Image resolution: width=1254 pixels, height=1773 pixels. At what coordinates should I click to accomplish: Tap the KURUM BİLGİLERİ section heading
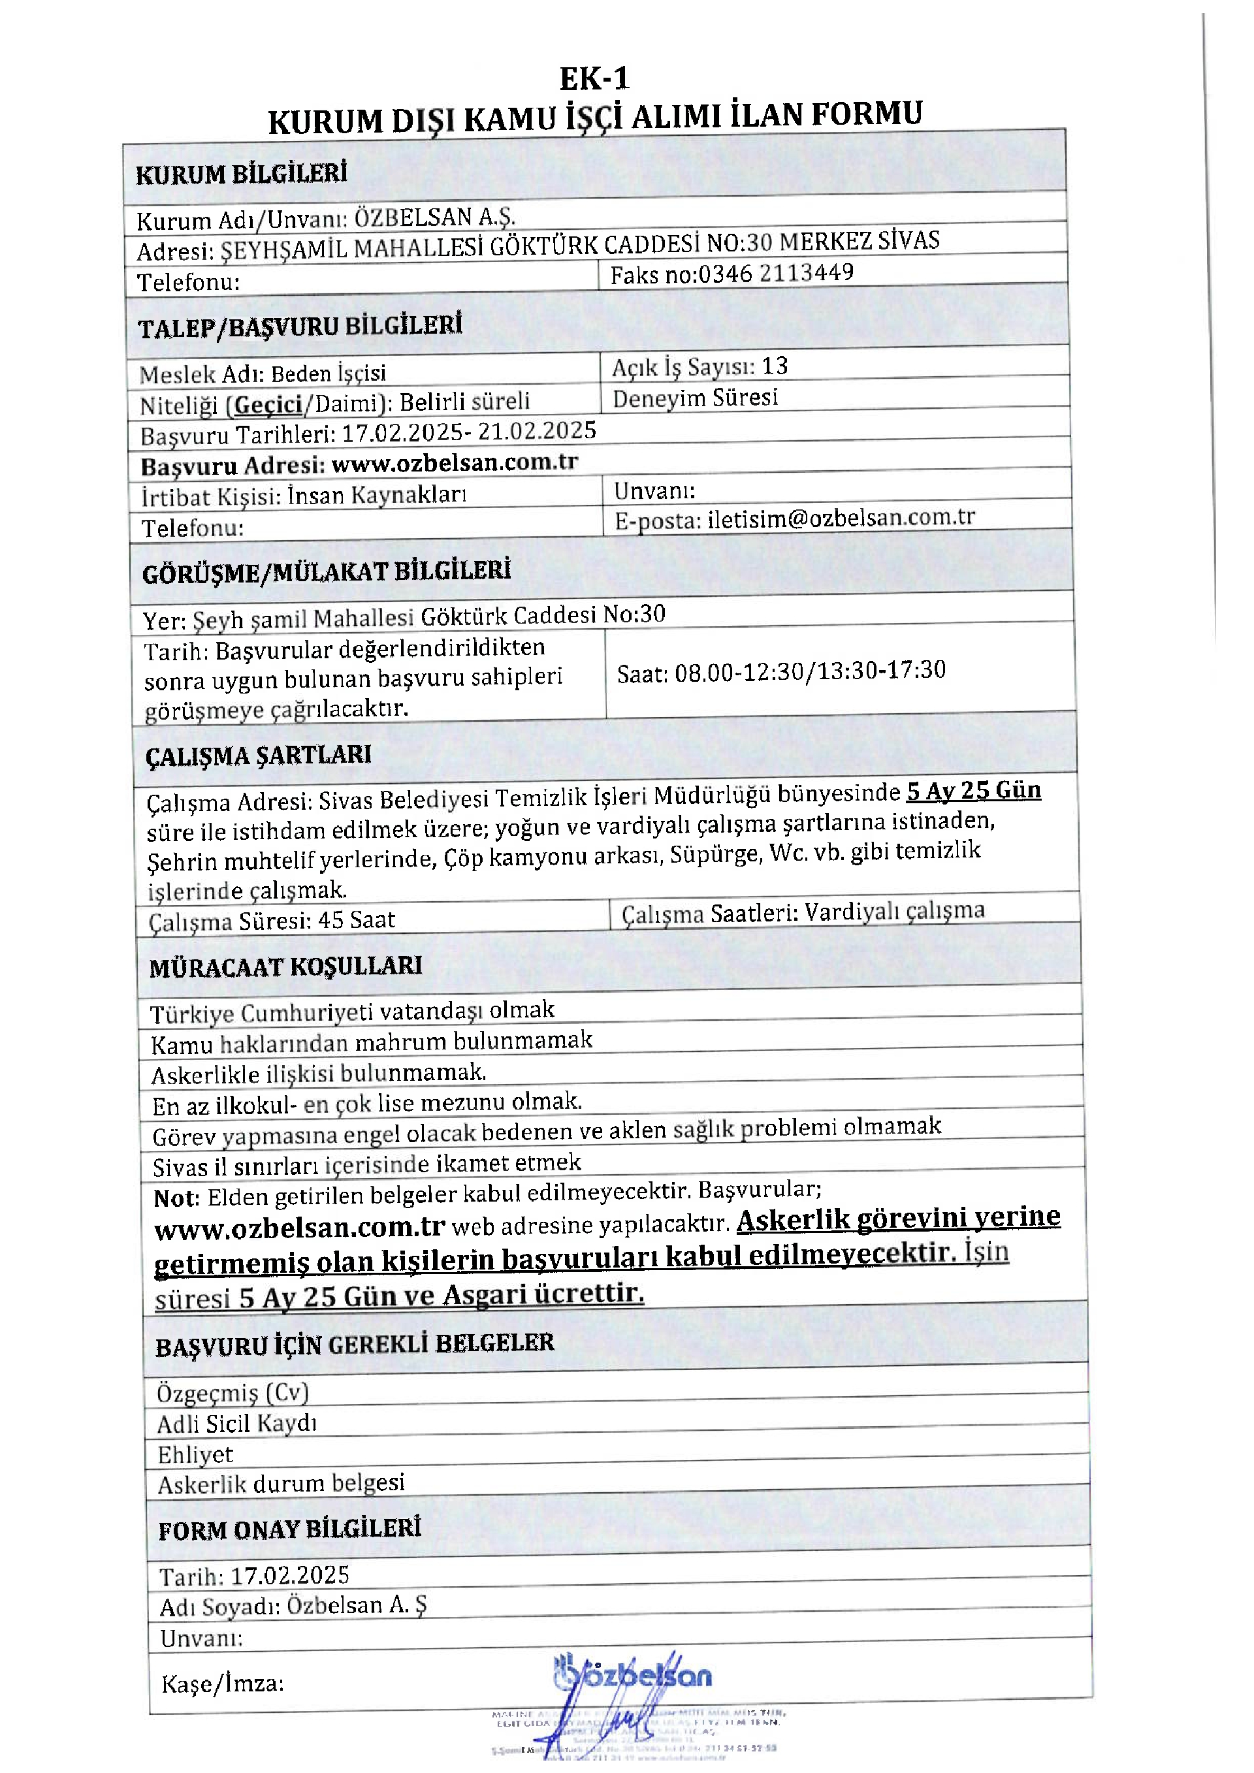[241, 174]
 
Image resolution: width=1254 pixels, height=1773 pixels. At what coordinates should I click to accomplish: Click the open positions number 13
[775, 366]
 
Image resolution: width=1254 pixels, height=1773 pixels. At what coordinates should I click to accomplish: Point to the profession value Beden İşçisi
[328, 374]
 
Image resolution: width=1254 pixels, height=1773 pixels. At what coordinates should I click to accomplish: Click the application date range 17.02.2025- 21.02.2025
[469, 432]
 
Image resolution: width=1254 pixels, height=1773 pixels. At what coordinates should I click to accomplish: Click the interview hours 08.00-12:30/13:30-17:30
[810, 670]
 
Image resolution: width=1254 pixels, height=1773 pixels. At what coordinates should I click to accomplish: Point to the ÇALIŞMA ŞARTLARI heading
[258, 755]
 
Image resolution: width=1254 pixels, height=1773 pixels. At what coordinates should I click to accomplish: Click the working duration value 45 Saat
[356, 919]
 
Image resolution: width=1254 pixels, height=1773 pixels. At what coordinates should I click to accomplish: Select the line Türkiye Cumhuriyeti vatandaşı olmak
[352, 1012]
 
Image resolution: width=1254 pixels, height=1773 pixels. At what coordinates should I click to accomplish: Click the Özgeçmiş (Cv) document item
[233, 1392]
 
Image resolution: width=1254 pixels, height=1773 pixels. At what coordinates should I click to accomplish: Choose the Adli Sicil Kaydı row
[237, 1423]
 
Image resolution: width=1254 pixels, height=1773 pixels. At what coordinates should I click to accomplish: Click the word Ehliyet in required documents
[195, 1455]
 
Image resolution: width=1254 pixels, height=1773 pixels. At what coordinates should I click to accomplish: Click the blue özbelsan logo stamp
[633, 1675]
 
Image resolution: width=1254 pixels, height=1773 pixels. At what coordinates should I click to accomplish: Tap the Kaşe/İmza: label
[222, 1684]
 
